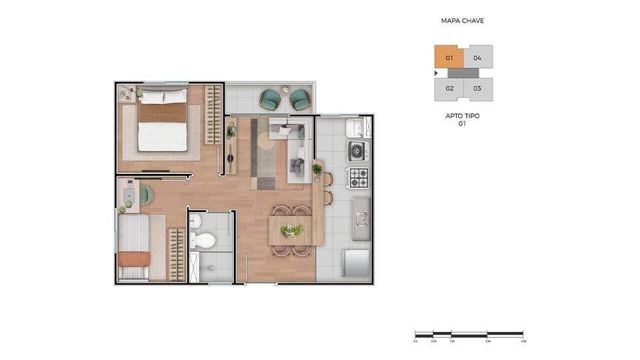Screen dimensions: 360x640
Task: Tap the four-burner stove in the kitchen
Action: pyautogui.click(x=358, y=177)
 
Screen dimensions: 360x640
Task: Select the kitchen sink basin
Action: pyautogui.click(x=361, y=217)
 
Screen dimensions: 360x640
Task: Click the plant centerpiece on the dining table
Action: pyautogui.click(x=291, y=230)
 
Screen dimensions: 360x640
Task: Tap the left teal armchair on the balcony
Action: pyautogui.click(x=270, y=99)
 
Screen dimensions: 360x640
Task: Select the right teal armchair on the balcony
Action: pyautogui.click(x=299, y=100)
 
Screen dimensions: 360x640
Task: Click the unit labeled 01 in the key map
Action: pyautogui.click(x=449, y=57)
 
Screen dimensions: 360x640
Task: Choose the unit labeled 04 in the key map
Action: pyautogui.click(x=478, y=57)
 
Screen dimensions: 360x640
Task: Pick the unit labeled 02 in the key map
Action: pyautogui.click(x=449, y=89)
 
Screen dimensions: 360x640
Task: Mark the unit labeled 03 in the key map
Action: pyautogui.click(x=478, y=89)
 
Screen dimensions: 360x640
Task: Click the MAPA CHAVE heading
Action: pyautogui.click(x=462, y=21)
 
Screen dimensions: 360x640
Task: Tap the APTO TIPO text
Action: pyautogui.click(x=462, y=116)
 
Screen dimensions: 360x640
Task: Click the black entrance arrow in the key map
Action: pyautogui.click(x=436, y=73)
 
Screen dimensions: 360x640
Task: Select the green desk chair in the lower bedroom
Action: pyautogui.click(x=146, y=195)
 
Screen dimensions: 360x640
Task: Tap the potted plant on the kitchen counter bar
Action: pyautogui.click(x=317, y=169)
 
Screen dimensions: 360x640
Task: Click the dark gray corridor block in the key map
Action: pyautogui.click(x=463, y=73)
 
